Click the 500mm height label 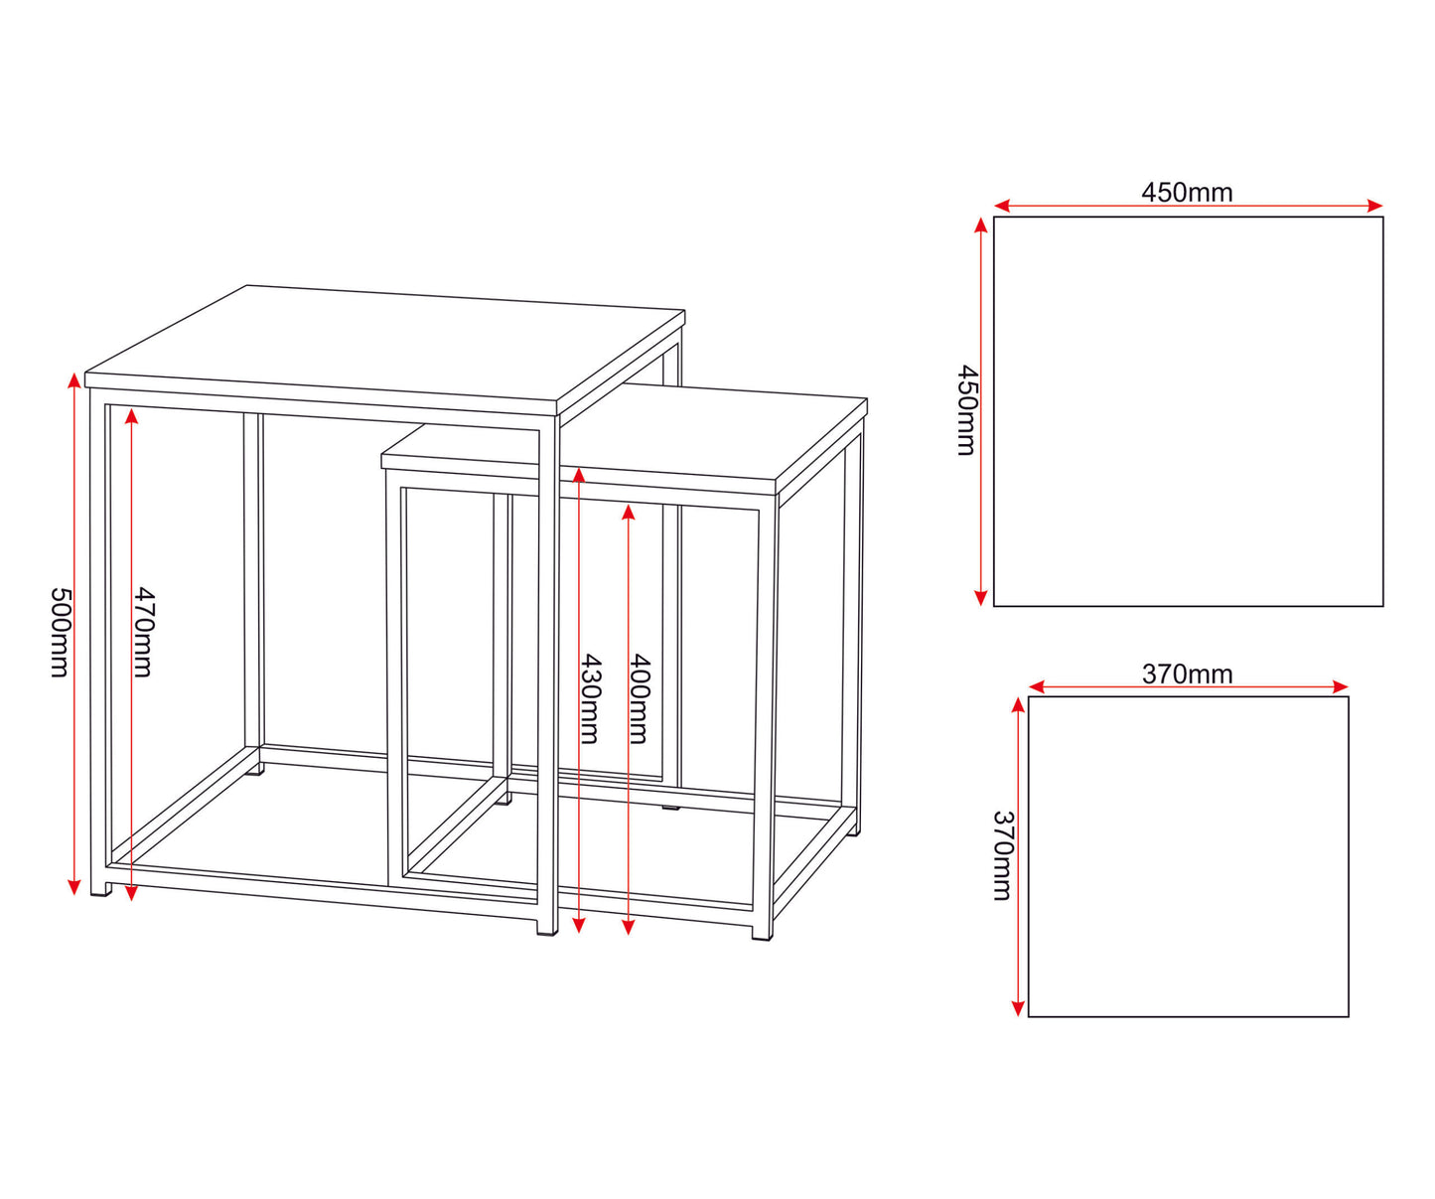60,632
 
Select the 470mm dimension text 143,632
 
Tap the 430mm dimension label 590,698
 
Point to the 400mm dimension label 640,698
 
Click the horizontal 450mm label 1187,193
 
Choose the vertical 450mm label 967,409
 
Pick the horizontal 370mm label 1188,674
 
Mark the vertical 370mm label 1003,855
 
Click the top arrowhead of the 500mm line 74,380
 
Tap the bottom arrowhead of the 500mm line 74,887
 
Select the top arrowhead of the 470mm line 131,415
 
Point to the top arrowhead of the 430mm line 578,475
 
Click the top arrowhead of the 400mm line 628,513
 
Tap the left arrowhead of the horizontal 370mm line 1037,686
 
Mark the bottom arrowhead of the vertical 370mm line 1018,1008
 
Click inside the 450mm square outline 1189,412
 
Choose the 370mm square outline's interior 1189,856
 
